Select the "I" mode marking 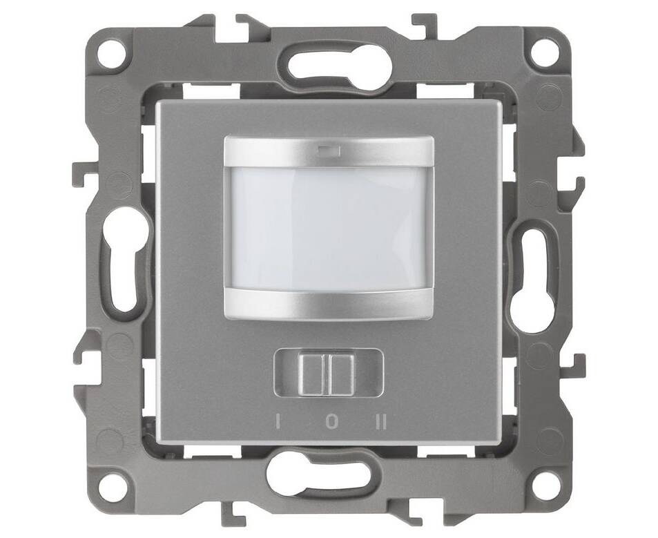click(278, 422)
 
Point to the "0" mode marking click(331, 422)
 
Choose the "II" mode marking click(381, 422)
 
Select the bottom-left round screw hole click(113, 486)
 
